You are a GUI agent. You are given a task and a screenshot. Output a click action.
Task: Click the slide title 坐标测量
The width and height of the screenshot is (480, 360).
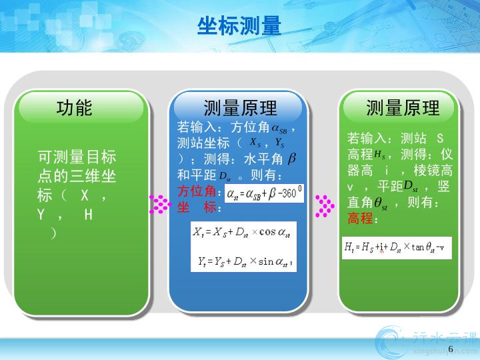pyautogui.click(x=239, y=26)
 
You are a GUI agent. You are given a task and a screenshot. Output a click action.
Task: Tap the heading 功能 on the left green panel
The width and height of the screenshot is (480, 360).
pyautogui.click(x=75, y=107)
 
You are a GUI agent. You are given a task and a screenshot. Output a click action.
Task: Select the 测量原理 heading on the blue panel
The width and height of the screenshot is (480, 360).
pyautogui.click(x=240, y=108)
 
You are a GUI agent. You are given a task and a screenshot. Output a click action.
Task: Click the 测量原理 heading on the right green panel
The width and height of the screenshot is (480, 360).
pyautogui.click(x=403, y=108)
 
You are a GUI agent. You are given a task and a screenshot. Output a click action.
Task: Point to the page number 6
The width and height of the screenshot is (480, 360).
pyautogui.click(x=451, y=349)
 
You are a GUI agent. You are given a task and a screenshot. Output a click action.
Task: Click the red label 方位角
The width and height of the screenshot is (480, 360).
pyautogui.click(x=197, y=191)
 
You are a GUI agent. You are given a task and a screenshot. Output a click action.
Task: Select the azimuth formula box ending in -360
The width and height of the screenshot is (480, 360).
pyautogui.click(x=264, y=193)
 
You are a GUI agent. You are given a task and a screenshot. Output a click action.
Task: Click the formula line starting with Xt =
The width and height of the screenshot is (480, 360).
pyautogui.click(x=241, y=233)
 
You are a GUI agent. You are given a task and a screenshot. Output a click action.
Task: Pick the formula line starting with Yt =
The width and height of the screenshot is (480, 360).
pyautogui.click(x=245, y=261)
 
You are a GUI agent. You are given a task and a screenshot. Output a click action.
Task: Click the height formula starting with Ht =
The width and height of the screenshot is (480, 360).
pyautogui.click(x=394, y=247)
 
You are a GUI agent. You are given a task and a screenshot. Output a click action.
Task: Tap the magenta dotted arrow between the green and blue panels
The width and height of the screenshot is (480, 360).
pyautogui.click(x=160, y=204)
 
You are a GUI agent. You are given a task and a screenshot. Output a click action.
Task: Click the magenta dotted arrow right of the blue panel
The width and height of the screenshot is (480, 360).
pyautogui.click(x=325, y=206)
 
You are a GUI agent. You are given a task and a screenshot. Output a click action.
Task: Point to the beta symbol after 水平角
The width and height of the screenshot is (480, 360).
pyautogui.click(x=292, y=158)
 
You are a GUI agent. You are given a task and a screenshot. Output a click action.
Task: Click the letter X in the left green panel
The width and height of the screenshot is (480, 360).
pyautogui.click(x=85, y=195)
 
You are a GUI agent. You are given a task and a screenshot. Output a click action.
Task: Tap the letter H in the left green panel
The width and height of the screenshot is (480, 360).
pyautogui.click(x=89, y=215)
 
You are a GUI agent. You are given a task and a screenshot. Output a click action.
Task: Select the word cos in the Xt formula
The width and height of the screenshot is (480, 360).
pyautogui.click(x=267, y=232)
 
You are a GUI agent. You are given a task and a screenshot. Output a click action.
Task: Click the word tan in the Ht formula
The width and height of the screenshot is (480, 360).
pyautogui.click(x=417, y=247)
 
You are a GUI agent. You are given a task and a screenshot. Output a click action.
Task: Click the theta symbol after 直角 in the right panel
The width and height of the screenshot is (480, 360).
pyautogui.click(x=378, y=202)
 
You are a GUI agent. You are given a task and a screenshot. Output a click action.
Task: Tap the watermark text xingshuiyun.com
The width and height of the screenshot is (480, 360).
pyautogui.click(x=445, y=351)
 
